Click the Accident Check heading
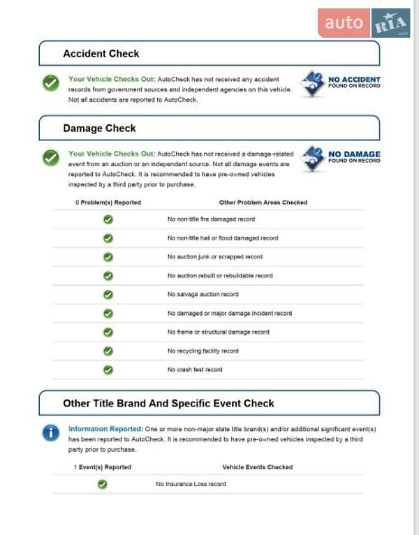[x=101, y=54]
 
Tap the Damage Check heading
[x=100, y=129]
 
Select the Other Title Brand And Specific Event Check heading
[x=168, y=403]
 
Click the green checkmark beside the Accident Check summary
[x=51, y=83]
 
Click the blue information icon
[x=51, y=433]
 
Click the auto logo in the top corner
[x=344, y=23]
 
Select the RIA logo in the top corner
[x=391, y=24]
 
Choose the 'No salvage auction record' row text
[x=203, y=295]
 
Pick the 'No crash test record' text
[x=195, y=369]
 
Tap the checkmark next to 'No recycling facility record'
[x=108, y=351]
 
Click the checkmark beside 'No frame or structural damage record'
[x=108, y=332]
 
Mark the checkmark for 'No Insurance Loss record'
[x=103, y=484]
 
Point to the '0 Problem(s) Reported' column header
[x=108, y=203]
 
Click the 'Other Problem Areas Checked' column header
[x=263, y=203]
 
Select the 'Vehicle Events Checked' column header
[x=258, y=467]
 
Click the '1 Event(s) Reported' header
[x=103, y=467]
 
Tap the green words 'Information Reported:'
[x=105, y=428]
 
